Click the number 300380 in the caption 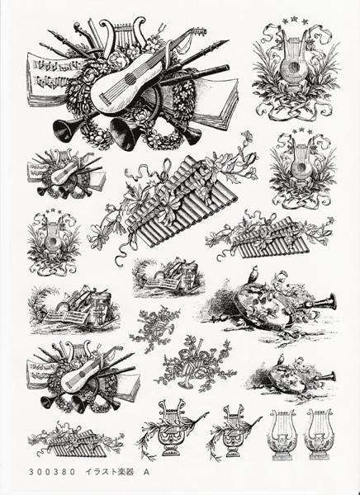click(52, 472)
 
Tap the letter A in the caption click(146, 472)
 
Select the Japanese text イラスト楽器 click(109, 472)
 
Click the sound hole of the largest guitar click(130, 78)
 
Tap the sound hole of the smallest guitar click(65, 172)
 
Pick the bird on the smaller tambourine click(281, 360)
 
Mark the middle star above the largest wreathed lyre click(294, 19)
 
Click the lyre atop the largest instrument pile click(124, 32)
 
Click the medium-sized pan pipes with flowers click(270, 237)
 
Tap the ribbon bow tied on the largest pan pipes click(166, 172)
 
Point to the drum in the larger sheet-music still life click(101, 308)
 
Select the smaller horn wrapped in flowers click(156, 328)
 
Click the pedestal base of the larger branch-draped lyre click(171, 450)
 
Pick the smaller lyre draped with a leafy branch click(234, 431)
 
